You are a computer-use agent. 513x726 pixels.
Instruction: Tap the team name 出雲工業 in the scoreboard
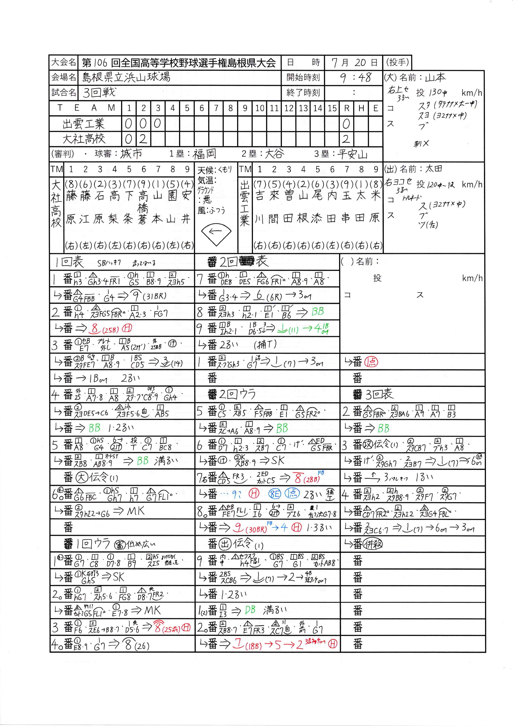click(x=83, y=124)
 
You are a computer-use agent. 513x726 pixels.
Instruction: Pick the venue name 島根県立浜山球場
click(x=126, y=77)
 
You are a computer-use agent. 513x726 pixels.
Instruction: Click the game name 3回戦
click(x=99, y=92)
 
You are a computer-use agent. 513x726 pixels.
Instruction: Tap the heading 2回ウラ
click(x=237, y=394)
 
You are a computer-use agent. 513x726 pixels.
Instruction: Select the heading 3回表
click(x=379, y=394)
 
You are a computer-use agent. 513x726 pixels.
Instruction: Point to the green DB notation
click(x=250, y=610)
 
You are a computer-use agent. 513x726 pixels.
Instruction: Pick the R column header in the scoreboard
click(x=347, y=108)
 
